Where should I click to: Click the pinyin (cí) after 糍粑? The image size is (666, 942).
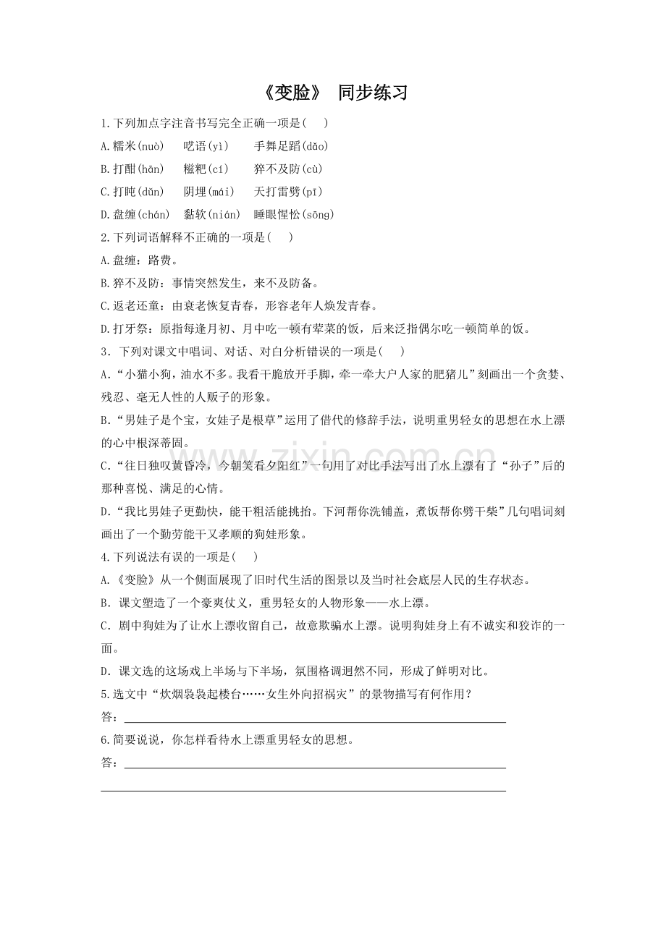tap(218, 169)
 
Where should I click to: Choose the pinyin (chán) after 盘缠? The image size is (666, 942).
tap(153, 215)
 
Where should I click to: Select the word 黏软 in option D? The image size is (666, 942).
tap(195, 215)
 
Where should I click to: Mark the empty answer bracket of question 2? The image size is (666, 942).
tap(280, 237)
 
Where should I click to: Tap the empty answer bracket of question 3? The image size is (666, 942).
tap(392, 352)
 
